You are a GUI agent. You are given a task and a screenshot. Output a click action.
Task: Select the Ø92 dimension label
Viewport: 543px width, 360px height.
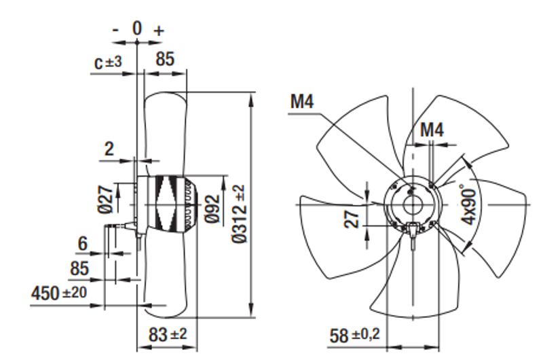click(211, 205)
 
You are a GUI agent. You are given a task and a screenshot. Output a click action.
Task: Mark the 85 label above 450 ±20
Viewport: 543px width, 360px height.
click(80, 268)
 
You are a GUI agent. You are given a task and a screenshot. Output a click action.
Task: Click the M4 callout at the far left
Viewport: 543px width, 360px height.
click(302, 101)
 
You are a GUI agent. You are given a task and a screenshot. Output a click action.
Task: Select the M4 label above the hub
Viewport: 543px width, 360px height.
click(432, 128)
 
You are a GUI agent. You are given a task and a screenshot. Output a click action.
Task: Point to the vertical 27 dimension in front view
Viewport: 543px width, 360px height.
click(353, 219)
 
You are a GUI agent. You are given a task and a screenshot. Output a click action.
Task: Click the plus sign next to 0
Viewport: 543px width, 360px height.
click(159, 31)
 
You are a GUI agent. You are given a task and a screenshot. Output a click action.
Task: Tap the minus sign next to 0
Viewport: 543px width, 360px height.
click(116, 30)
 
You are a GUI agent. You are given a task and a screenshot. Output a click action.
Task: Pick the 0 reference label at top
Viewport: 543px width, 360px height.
click(137, 29)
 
